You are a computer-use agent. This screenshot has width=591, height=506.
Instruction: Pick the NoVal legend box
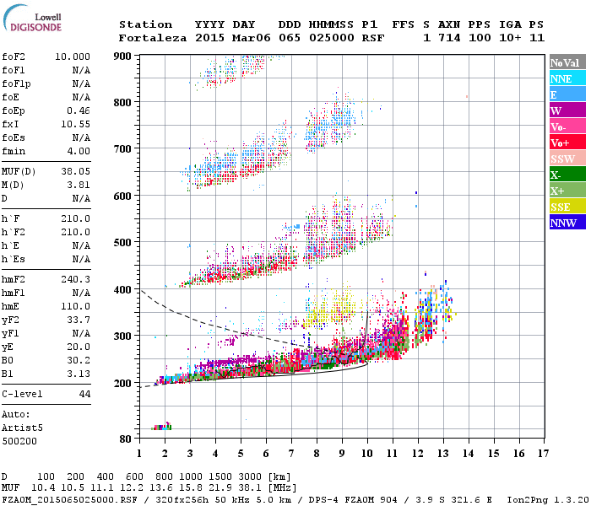click(567, 62)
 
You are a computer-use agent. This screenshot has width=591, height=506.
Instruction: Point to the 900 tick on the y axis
click(124, 56)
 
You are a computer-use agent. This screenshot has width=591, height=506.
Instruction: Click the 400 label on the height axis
click(124, 289)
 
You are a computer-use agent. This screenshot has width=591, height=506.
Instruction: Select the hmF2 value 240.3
click(78, 279)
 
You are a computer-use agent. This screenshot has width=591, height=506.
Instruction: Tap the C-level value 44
click(84, 394)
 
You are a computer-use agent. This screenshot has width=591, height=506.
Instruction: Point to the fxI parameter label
click(12, 123)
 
